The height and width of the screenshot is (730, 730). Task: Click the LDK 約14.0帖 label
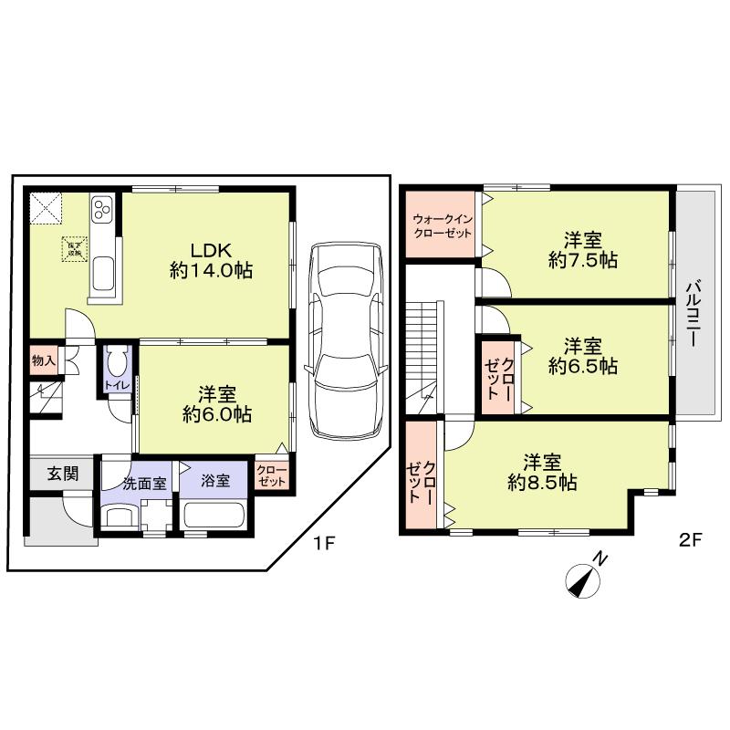tap(211, 259)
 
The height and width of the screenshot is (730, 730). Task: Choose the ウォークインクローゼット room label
tap(442, 225)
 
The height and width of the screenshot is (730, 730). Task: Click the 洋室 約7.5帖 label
tap(582, 250)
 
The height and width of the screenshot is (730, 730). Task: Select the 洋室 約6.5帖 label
tap(582, 356)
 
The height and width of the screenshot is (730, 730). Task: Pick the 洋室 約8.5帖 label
tap(542, 472)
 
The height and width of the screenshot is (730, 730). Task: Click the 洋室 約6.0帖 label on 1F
tap(218, 403)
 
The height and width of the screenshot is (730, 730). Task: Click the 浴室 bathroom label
tap(215, 482)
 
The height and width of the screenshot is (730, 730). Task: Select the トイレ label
tap(117, 384)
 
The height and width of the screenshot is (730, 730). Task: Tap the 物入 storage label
tap(43, 360)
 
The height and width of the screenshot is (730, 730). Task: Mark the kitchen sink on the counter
tap(102, 271)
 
